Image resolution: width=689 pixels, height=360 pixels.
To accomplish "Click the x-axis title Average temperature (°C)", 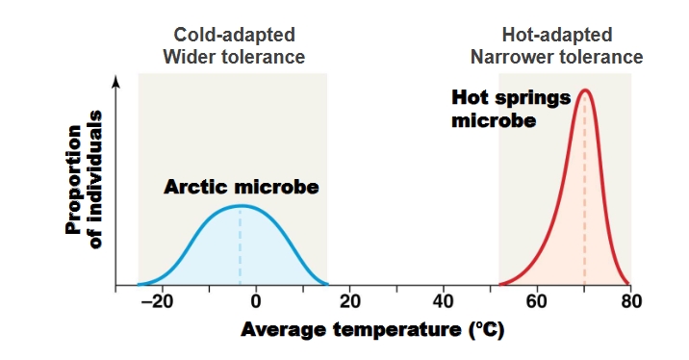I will (371, 329).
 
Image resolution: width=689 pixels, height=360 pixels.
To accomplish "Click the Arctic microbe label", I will (241, 186).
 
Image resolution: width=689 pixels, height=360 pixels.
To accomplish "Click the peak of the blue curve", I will (241, 205).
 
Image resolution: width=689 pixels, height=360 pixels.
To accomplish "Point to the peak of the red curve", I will (584, 90).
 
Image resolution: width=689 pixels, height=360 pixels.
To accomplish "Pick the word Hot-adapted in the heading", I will (556, 36).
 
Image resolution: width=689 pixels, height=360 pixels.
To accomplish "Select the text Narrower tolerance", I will (556, 57).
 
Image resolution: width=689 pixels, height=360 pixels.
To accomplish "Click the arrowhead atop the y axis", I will (116, 82).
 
